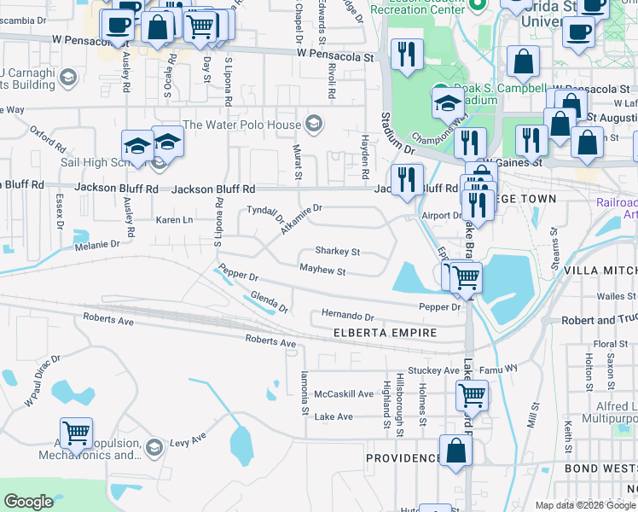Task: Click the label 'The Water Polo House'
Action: click(x=242, y=125)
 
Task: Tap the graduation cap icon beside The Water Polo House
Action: click(x=314, y=125)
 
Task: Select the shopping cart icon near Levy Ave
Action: click(x=77, y=433)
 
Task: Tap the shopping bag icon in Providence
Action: click(x=456, y=451)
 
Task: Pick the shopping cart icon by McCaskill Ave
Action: click(x=472, y=395)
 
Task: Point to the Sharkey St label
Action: click(x=338, y=252)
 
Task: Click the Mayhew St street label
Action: click(x=322, y=271)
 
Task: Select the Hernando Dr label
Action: click(x=347, y=315)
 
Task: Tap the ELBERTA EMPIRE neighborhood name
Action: click(x=385, y=333)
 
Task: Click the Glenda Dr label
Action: click(x=270, y=301)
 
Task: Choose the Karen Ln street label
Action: click(x=174, y=219)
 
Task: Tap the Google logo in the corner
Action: click(x=28, y=502)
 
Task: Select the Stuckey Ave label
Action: click(x=433, y=370)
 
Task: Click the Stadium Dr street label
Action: click(x=397, y=134)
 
